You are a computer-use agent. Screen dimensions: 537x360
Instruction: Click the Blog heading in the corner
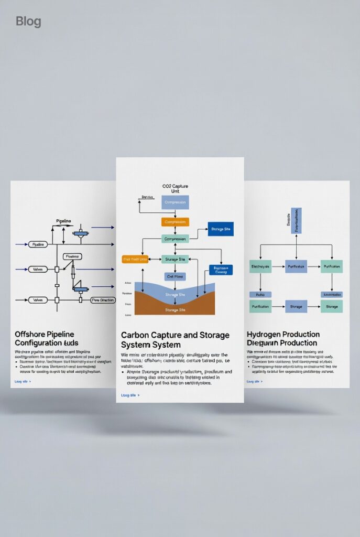pyautogui.click(x=28, y=22)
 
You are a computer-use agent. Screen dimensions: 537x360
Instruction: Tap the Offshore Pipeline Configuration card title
pyautogui.click(x=45, y=339)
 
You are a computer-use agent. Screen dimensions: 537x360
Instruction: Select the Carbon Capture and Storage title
pyautogui.click(x=174, y=340)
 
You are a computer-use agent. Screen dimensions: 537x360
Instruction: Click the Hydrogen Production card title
pyautogui.click(x=283, y=339)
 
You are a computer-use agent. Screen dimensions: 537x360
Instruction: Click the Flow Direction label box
pyautogui.click(x=103, y=300)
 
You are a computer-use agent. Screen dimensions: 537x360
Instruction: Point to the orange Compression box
pyautogui.click(x=175, y=222)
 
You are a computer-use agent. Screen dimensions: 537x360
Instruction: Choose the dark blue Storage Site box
pyautogui.click(x=221, y=229)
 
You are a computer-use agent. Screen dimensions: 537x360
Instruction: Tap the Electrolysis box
pyautogui.click(x=260, y=266)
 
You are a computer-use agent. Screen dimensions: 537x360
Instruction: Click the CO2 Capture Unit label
pyautogui.click(x=176, y=189)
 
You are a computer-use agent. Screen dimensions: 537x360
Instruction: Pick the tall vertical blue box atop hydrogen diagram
pyautogui.click(x=296, y=220)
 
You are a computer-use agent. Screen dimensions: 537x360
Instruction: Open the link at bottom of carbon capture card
pyautogui.click(x=130, y=395)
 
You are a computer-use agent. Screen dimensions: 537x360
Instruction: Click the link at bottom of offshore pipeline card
pyautogui.click(x=23, y=381)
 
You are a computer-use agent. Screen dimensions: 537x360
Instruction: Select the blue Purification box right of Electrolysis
pyautogui.click(x=296, y=266)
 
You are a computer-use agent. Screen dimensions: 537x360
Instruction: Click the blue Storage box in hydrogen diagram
pyautogui.click(x=296, y=306)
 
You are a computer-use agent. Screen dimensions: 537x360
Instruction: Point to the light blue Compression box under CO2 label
pyautogui.click(x=175, y=202)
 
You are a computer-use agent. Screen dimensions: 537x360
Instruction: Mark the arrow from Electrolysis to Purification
pyautogui.click(x=278, y=266)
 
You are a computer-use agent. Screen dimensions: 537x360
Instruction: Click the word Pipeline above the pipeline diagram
pyautogui.click(x=63, y=221)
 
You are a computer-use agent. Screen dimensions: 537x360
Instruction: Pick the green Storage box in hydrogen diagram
pyautogui.click(x=332, y=306)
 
